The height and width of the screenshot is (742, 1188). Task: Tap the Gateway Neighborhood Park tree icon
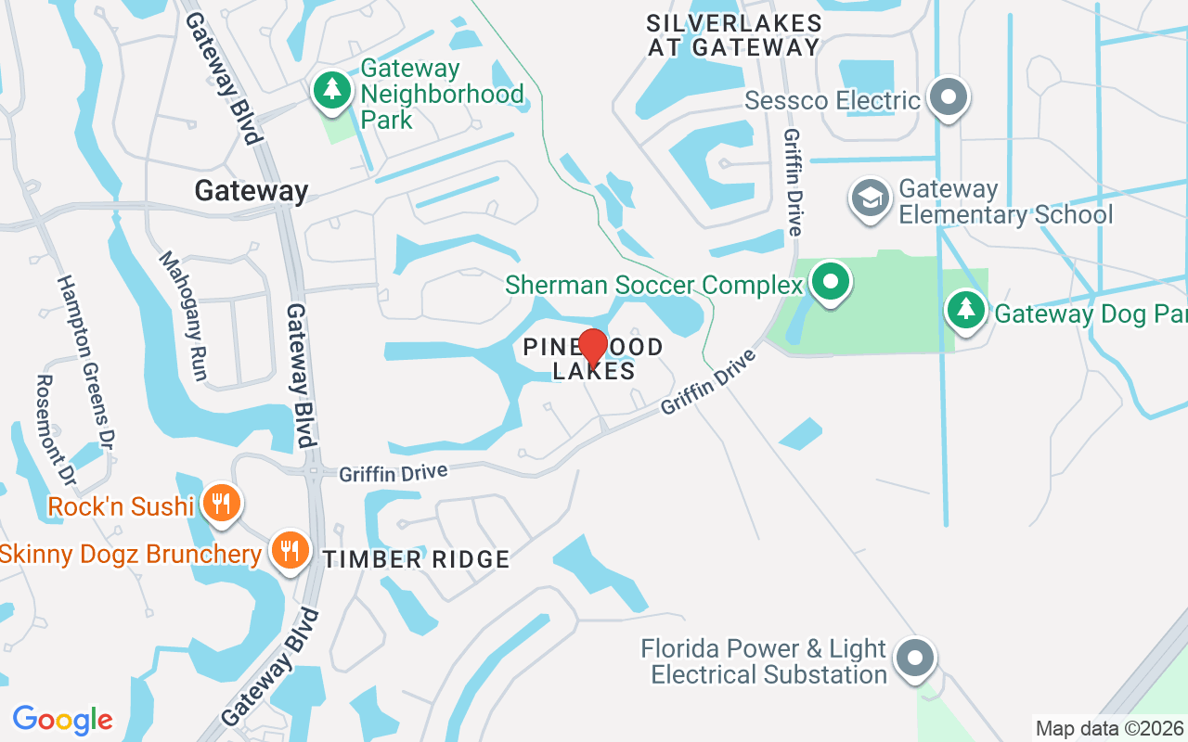coord(331,90)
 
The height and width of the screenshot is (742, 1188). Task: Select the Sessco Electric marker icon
coord(948,96)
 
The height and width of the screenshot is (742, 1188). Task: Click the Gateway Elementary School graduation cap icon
coord(870,198)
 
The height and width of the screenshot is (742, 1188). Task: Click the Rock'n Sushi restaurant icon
coord(221,504)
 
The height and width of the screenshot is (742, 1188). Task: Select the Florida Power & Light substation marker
coord(915,658)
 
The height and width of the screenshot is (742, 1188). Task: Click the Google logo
coord(62,720)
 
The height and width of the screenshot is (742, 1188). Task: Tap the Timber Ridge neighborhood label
coord(417,559)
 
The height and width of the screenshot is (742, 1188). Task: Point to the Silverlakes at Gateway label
coord(733,35)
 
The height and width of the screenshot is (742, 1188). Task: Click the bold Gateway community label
coord(251,191)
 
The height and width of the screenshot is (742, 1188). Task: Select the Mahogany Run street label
coord(182,315)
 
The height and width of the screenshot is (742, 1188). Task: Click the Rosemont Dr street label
coord(55,429)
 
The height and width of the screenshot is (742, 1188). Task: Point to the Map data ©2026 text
coord(1109,728)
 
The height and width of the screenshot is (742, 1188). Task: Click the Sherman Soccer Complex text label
coord(653,285)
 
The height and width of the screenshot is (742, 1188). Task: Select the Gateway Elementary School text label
coord(1005,202)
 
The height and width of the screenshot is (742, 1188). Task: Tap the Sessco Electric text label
coord(833,100)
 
